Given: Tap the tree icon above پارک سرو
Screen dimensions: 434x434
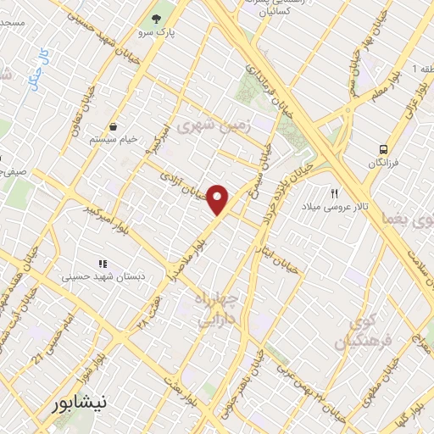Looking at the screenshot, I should pyautogui.click(x=156, y=18).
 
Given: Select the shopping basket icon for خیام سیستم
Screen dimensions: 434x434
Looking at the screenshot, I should pyautogui.click(x=113, y=126).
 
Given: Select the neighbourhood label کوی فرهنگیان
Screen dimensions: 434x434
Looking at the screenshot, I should pyautogui.click(x=353, y=333).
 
